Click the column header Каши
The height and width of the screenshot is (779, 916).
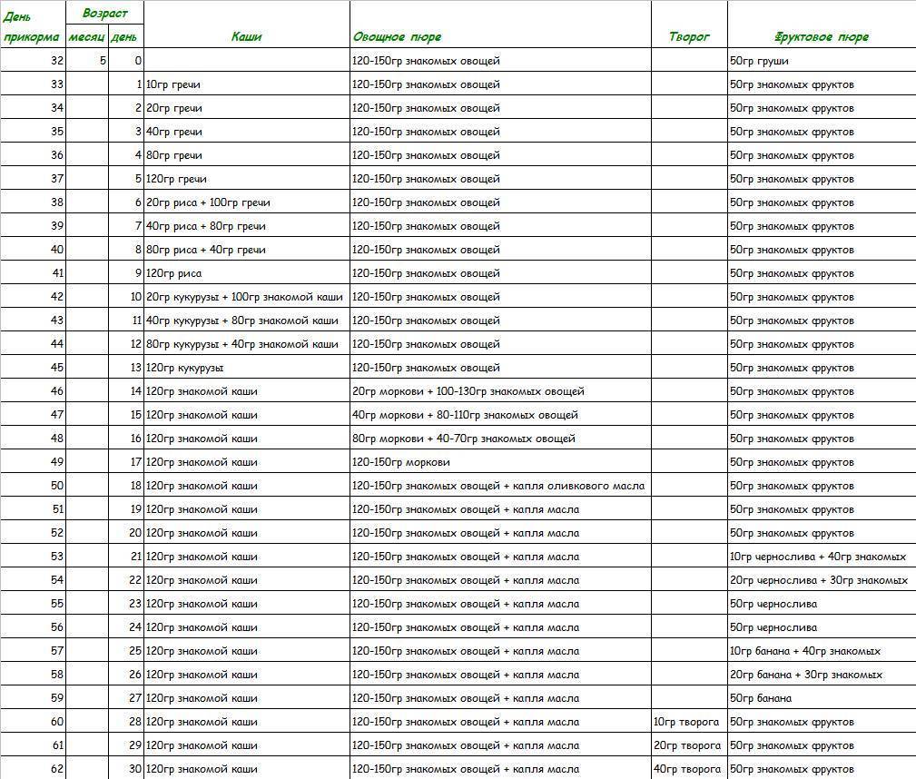(246, 37)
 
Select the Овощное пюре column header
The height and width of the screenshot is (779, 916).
(397, 37)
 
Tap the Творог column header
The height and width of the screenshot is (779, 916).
(689, 37)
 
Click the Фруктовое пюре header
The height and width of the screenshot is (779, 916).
(822, 37)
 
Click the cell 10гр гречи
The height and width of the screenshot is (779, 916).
(173, 84)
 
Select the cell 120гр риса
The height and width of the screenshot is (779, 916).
(173, 273)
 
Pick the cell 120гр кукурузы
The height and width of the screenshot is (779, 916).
(184, 368)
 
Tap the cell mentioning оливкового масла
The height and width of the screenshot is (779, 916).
(498, 486)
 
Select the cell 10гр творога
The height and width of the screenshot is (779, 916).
(686, 722)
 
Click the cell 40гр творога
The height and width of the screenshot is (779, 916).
(686, 769)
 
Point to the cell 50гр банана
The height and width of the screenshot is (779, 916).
(760, 698)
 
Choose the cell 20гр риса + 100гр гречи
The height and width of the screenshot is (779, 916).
(208, 202)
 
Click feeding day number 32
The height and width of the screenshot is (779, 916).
(57, 61)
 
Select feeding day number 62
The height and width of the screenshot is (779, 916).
(57, 769)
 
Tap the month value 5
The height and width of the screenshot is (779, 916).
(103, 61)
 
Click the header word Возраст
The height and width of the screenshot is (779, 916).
(105, 14)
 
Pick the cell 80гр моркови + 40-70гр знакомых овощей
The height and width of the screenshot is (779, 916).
(463, 439)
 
